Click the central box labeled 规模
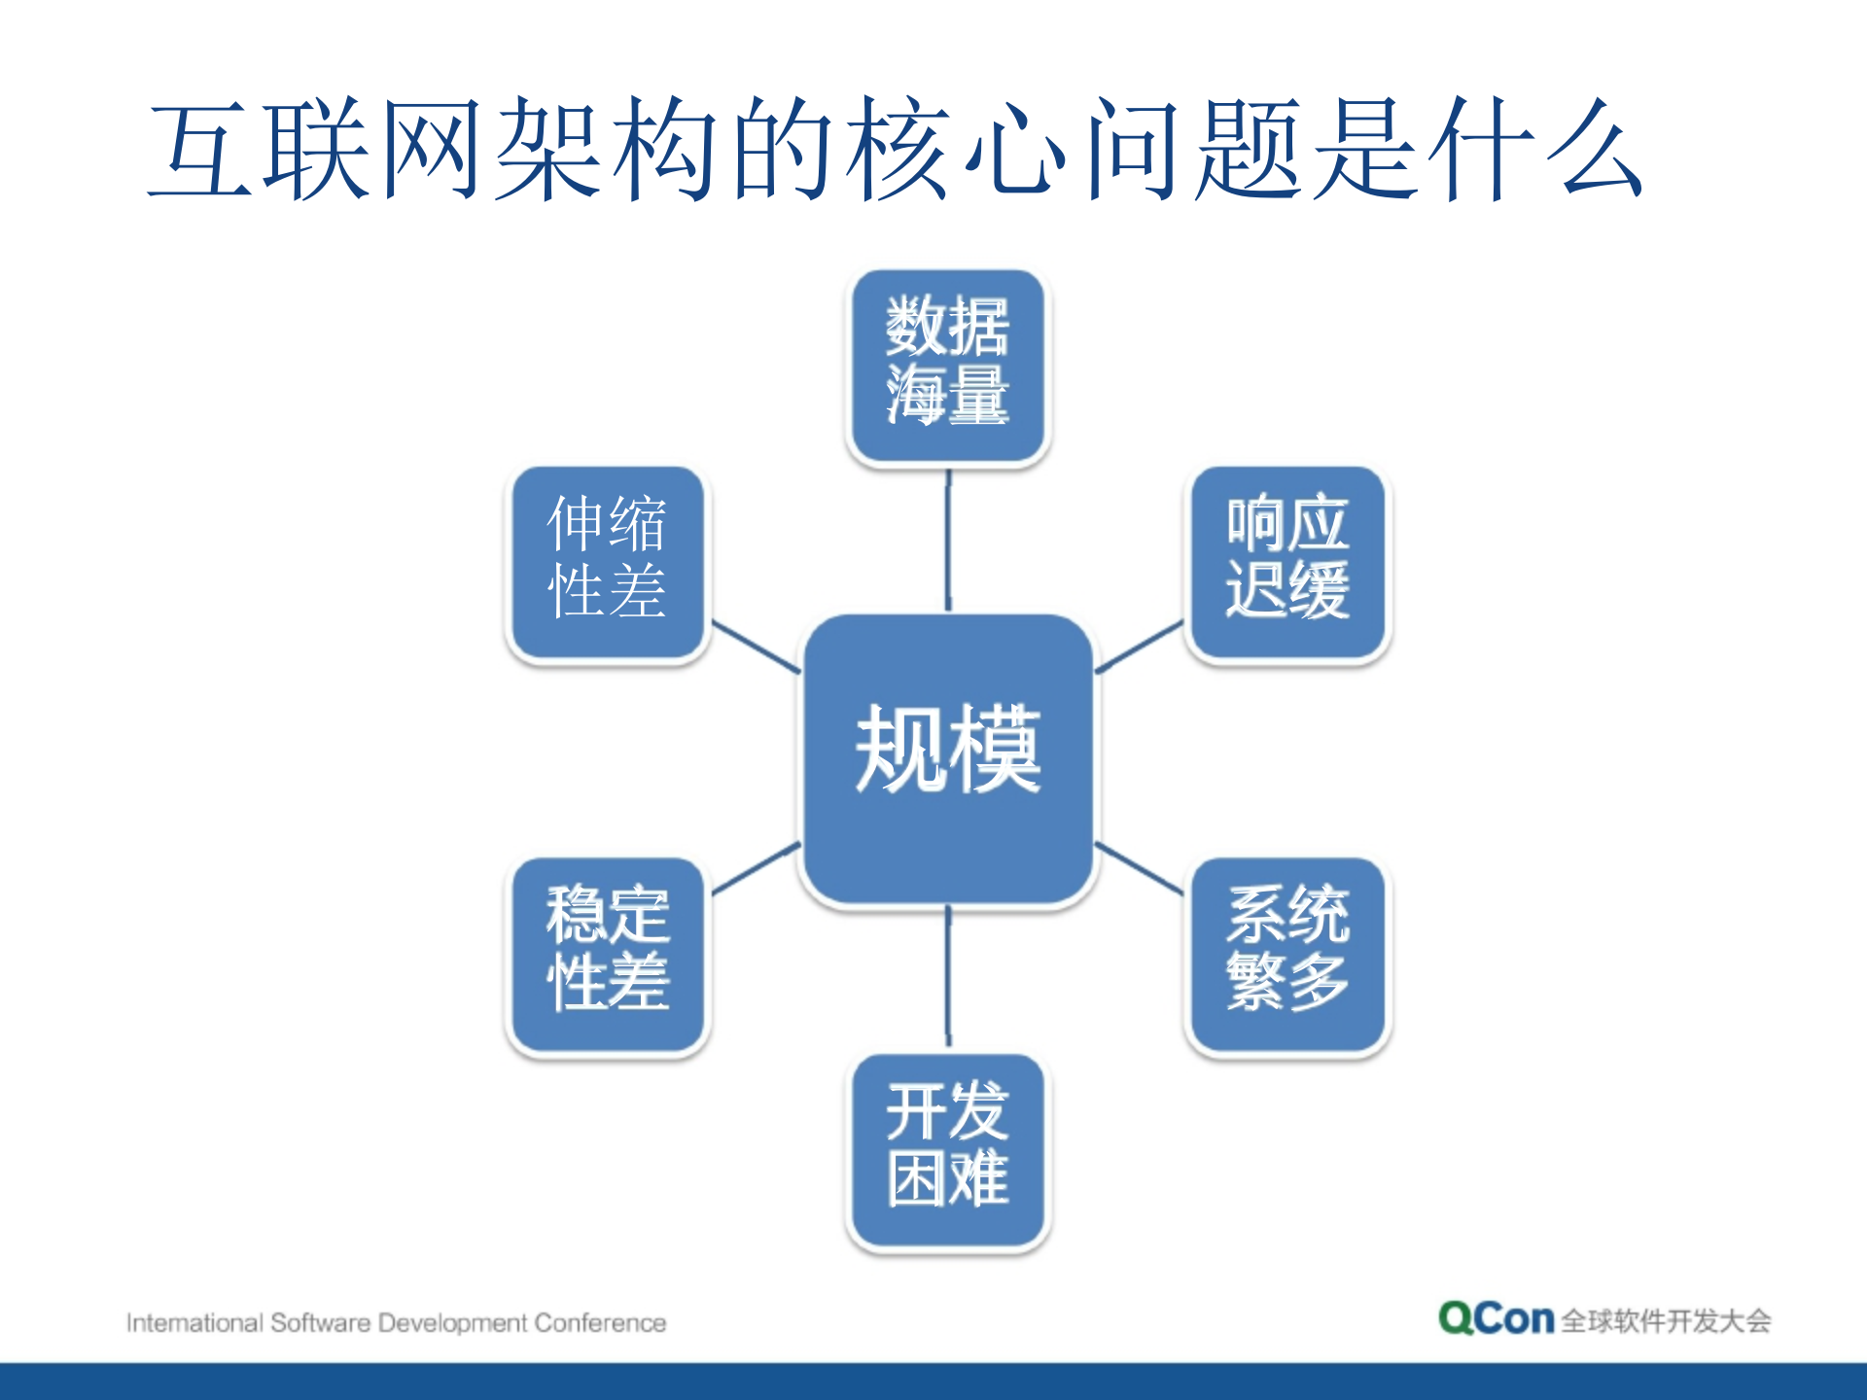(948, 758)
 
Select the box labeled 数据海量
(948, 366)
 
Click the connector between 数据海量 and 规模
(948, 541)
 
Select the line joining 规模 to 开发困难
(948, 977)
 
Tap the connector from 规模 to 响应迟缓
(1140, 647)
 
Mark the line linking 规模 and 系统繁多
(1140, 868)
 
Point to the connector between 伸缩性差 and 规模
(757, 647)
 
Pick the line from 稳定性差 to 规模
(757, 868)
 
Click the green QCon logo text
(1496, 1319)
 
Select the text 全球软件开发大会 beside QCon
(1666, 1321)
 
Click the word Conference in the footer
(600, 1323)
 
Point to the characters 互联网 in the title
(316, 151)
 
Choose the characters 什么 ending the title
(1536, 151)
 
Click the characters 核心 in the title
(958, 151)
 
